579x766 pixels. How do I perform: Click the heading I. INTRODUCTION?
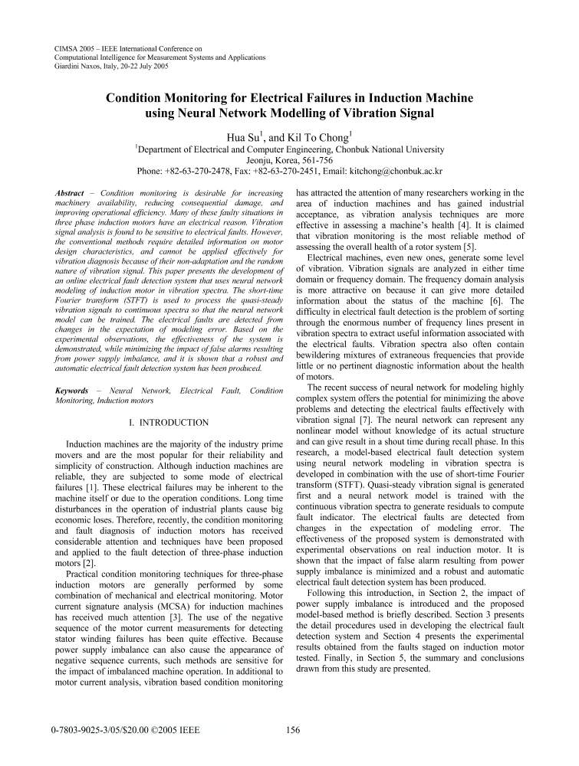tap(169, 422)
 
